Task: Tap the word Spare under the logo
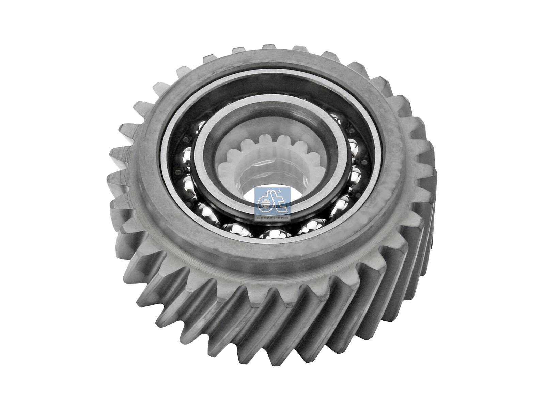click(264, 218)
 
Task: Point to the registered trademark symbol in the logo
click(279, 192)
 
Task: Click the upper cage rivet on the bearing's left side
click(185, 139)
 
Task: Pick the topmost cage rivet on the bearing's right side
click(352, 131)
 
